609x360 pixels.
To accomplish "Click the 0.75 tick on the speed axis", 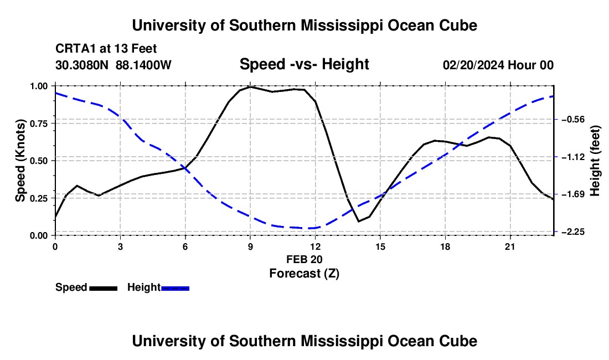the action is (x=54, y=123).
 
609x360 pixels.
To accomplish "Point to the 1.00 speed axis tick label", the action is (x=39, y=86).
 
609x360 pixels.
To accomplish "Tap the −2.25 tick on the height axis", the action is (x=555, y=232).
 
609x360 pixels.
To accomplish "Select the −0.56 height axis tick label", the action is (x=573, y=119).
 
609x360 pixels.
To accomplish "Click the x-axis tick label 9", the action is (x=250, y=246).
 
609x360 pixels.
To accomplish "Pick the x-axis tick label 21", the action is (x=509, y=246).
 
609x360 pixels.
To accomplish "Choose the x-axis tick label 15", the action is (x=380, y=246).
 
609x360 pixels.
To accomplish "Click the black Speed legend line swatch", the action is (x=104, y=288).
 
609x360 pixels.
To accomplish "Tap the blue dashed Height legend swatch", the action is (x=175, y=288).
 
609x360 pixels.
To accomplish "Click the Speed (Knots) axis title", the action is (x=20, y=161).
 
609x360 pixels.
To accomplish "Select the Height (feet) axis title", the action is (x=595, y=161).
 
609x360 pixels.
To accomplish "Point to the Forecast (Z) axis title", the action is (x=304, y=274).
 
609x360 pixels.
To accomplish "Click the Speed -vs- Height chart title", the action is (x=304, y=64).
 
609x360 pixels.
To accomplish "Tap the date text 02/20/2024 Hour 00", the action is (x=498, y=65).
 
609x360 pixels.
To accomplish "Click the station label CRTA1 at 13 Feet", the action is (x=106, y=49).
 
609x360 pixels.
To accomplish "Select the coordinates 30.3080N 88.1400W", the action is (x=113, y=65).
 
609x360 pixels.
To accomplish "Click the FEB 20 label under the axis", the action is (x=304, y=259).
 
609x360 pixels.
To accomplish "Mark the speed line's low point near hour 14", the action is (x=359, y=222).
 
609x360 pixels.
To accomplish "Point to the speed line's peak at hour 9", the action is (x=250, y=86).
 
